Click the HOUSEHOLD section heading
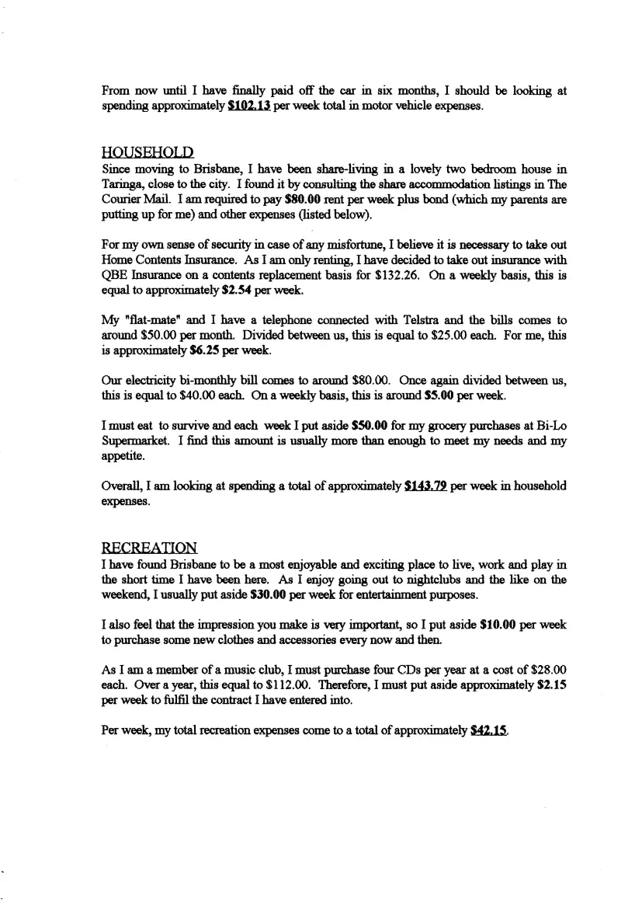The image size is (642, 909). tap(147, 151)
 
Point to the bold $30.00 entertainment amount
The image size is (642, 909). tap(284, 594)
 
